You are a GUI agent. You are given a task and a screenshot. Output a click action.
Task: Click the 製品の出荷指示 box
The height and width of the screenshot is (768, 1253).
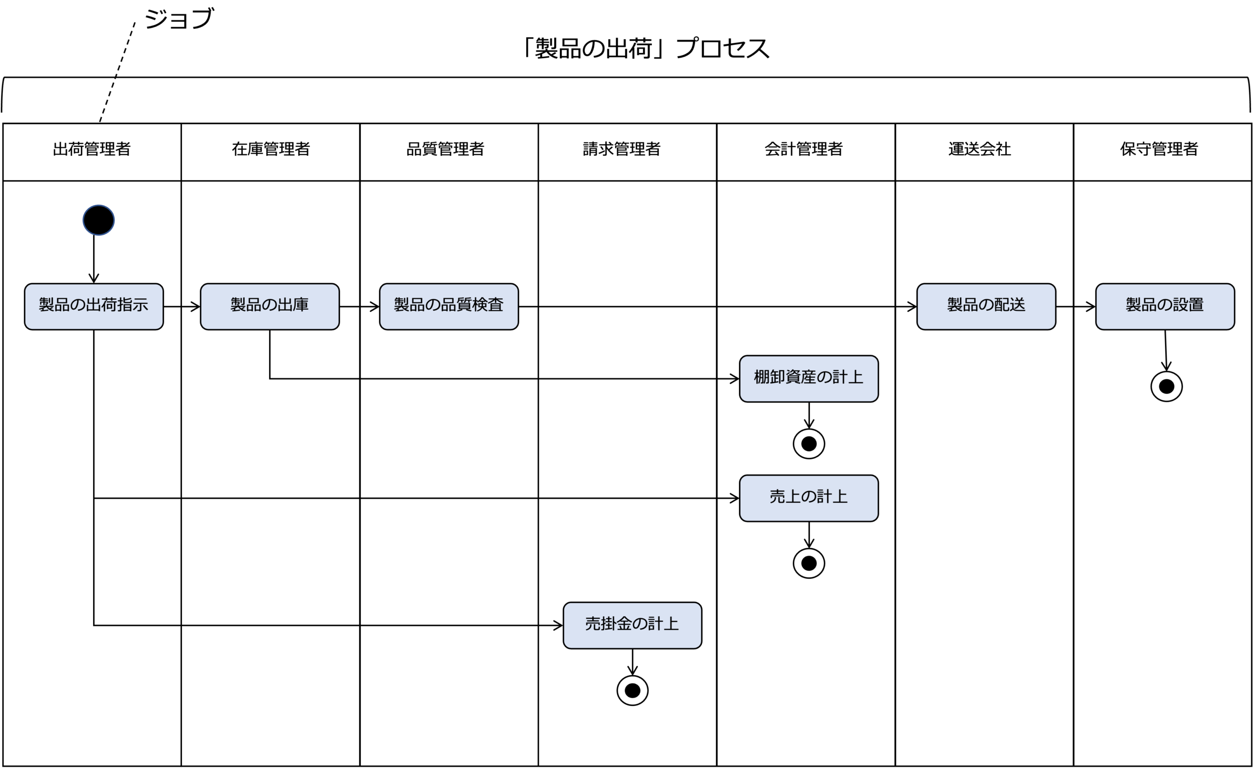pos(93,307)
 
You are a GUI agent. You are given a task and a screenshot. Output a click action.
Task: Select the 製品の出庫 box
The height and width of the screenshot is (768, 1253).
pos(270,307)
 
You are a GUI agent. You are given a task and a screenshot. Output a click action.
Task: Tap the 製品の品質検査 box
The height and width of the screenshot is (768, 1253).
pos(448,307)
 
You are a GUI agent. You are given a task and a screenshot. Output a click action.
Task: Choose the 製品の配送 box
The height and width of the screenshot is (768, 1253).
pos(986,307)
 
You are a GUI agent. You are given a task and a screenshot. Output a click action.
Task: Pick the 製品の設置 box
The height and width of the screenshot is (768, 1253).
pos(1164,307)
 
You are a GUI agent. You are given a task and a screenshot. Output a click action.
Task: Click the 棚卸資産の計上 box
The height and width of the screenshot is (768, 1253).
pos(809,379)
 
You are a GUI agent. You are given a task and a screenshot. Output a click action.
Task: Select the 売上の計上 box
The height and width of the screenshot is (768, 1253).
pos(809,498)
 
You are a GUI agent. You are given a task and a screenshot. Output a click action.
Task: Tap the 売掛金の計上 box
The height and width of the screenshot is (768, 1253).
pos(632,625)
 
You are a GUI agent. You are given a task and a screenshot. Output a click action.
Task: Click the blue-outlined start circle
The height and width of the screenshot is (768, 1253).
pos(99,220)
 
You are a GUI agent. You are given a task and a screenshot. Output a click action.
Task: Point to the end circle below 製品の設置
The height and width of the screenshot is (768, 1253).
pos(1166,387)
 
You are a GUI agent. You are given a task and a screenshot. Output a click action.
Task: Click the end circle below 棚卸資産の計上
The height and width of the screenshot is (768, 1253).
pos(809,444)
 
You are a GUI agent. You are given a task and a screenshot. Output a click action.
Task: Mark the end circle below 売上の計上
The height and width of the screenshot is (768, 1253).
pos(809,563)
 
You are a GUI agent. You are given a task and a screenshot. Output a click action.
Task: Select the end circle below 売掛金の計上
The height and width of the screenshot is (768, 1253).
pos(632,690)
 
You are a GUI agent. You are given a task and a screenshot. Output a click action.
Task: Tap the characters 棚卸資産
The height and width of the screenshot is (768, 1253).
pos(785,377)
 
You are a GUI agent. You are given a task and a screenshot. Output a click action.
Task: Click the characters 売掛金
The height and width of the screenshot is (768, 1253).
pos(608,624)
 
